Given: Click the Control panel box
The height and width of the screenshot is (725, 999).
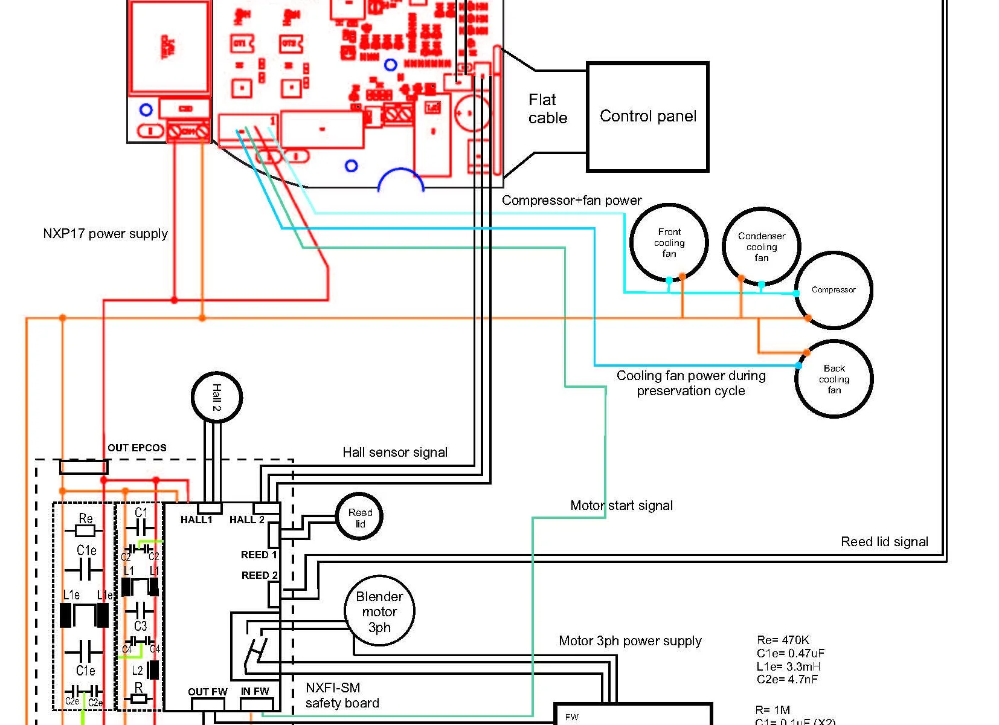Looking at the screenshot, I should point(647,117).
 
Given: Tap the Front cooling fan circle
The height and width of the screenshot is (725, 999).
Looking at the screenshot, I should point(669,242).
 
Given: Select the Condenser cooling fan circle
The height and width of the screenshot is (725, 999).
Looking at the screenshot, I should point(761,246).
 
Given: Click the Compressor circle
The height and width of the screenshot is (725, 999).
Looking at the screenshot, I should point(834,291).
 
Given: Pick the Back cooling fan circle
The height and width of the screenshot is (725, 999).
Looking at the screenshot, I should point(834,379).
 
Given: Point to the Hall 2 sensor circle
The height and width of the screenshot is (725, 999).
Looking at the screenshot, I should point(217,397).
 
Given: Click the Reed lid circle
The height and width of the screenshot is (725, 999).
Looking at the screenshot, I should point(360,518).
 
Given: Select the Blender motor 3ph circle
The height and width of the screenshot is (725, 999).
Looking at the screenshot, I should point(379,611).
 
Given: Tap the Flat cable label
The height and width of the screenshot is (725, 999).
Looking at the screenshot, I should point(547,109).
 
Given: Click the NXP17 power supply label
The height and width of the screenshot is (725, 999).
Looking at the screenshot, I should point(105,234).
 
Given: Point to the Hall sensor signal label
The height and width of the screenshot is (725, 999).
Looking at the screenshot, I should point(395,453).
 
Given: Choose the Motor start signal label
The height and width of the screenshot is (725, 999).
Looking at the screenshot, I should point(621,506).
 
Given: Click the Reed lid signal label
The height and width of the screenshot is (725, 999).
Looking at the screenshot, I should point(884,542).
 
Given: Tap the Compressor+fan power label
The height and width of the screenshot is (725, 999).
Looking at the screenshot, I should point(571,201).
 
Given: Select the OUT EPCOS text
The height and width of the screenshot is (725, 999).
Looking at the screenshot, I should point(137,448).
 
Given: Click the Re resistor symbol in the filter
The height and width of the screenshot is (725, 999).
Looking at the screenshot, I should point(86,530).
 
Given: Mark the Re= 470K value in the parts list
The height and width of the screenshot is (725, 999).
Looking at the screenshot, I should point(783,640).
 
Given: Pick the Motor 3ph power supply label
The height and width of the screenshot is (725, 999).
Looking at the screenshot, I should point(630,641).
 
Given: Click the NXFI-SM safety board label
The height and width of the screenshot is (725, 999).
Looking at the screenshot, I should point(342,695).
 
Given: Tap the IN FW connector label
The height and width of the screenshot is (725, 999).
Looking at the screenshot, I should point(255,691).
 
